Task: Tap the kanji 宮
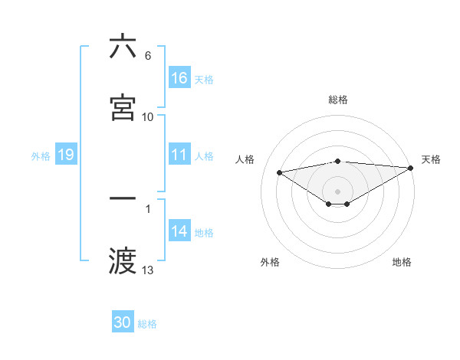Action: coord(123,108)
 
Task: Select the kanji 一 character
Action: coord(123,198)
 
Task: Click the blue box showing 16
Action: coord(179,78)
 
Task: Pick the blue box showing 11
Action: coord(179,155)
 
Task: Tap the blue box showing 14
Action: coord(179,231)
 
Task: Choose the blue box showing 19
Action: coord(65,155)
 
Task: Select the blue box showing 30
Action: coord(123,323)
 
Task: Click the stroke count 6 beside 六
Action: coord(148,55)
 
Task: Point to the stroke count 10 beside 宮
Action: coord(148,116)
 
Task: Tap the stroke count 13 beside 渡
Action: coord(148,270)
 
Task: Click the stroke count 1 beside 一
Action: coord(148,208)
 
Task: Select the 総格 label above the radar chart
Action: coord(338,100)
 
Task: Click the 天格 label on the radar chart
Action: coord(431,159)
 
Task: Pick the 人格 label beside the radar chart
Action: coord(245,159)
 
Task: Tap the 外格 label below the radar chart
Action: coord(270,262)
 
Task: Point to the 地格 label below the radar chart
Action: coord(402,262)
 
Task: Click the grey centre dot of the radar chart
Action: coord(338,191)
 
